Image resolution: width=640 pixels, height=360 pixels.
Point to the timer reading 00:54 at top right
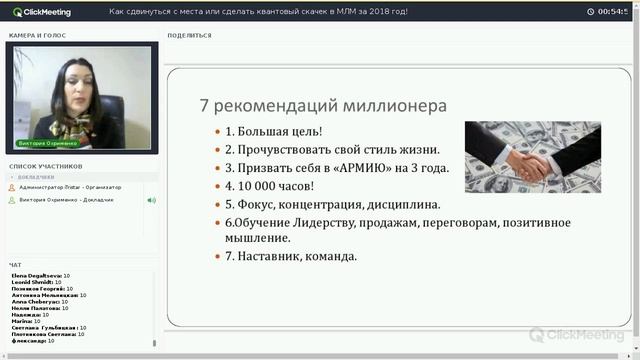coord(611,11)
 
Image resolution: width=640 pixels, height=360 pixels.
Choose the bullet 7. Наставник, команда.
coord(290,256)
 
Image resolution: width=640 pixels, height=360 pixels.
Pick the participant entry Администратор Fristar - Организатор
coord(70,187)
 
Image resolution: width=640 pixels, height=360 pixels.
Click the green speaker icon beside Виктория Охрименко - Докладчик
coord(151,200)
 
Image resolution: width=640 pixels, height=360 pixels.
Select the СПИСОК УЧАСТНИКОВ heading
coord(46,166)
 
